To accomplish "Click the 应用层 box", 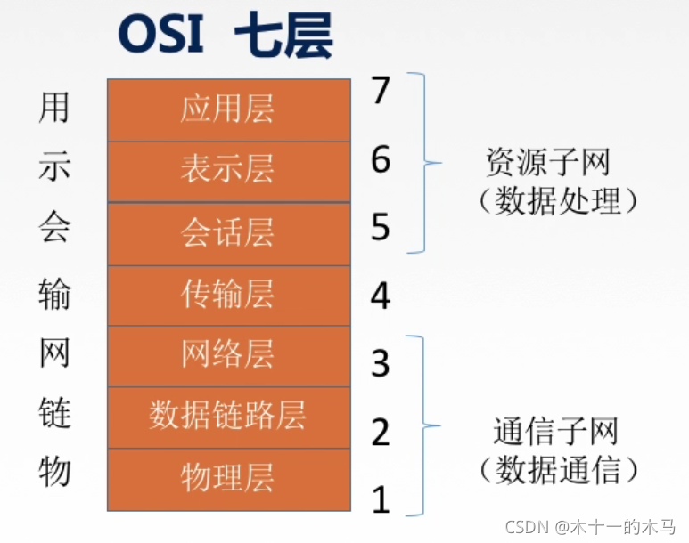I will (x=227, y=109).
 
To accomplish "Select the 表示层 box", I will (x=227, y=170).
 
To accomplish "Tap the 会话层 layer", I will (x=227, y=233).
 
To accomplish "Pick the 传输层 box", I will (x=227, y=295).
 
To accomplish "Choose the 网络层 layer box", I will (x=227, y=355).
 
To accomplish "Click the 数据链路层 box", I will (x=227, y=416).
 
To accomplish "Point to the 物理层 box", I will (x=227, y=477).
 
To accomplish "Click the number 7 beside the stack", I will (x=381, y=91).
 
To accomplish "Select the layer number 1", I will (x=381, y=500).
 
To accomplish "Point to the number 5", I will (x=381, y=228).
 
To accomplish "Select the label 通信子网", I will (x=555, y=433).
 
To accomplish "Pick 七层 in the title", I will (x=283, y=38).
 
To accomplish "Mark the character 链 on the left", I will (x=54, y=413).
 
